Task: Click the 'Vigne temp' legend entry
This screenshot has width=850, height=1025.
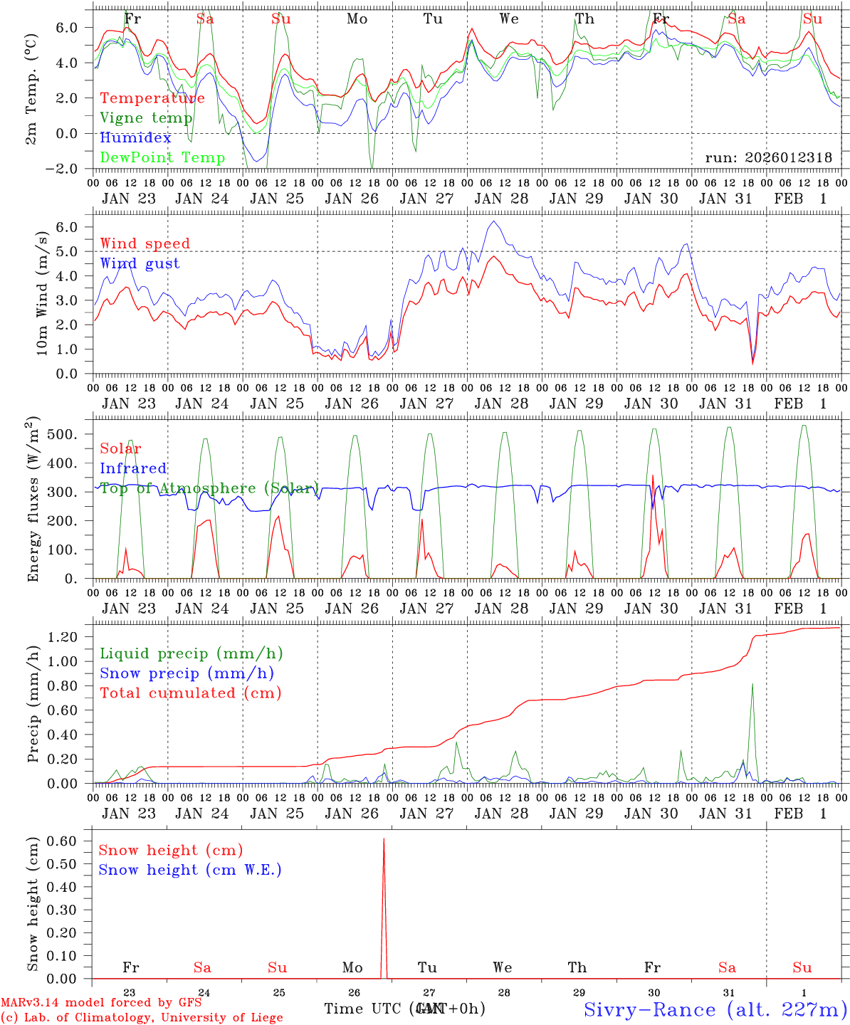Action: (146, 118)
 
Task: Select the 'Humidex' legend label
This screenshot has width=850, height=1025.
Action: (135, 138)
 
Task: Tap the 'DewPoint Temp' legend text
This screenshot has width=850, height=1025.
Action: (162, 157)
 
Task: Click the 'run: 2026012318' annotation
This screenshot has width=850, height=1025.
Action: (768, 157)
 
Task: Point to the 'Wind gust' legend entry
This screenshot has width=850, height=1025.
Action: (140, 263)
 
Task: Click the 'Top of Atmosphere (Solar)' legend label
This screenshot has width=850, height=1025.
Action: (209, 488)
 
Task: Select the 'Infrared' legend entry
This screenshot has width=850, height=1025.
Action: (133, 468)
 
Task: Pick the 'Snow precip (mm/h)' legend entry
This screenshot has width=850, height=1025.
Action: (187, 673)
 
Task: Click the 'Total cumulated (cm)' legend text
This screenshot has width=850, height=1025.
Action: (190, 693)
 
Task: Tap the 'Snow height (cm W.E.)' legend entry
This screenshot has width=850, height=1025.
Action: (189, 870)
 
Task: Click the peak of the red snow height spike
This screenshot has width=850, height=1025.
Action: (384, 839)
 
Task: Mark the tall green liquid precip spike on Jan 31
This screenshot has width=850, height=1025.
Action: (752, 685)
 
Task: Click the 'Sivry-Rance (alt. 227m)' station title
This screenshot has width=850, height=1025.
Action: (715, 1009)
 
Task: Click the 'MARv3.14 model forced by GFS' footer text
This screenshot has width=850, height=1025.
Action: (101, 1003)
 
